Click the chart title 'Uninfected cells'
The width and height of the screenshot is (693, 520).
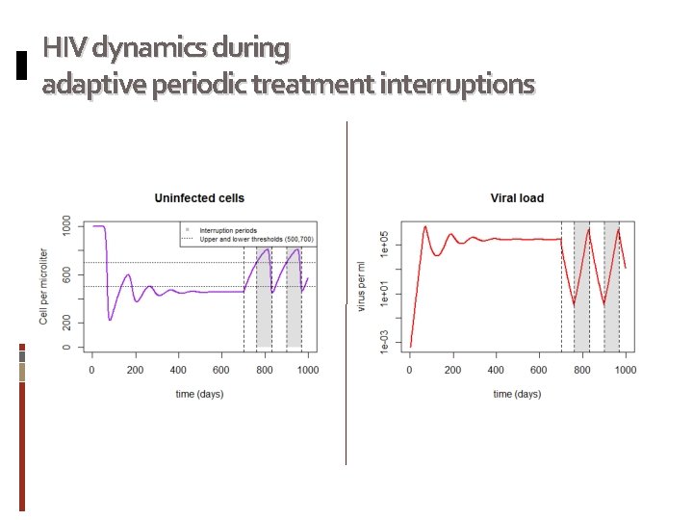[x=199, y=198]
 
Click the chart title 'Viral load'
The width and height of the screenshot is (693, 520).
[x=517, y=198]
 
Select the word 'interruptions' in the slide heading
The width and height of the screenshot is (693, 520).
[x=457, y=85]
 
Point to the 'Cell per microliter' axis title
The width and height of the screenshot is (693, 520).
[x=44, y=286]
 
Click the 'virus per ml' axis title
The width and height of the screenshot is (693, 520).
[x=361, y=286]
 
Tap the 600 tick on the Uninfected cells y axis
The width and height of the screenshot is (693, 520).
[x=65, y=274]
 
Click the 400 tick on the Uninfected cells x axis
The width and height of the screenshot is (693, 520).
[x=178, y=369]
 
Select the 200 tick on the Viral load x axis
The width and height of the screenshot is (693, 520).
[x=453, y=369]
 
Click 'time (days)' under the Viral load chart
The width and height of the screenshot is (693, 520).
[x=517, y=393]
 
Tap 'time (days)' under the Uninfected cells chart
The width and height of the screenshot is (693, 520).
[x=199, y=393]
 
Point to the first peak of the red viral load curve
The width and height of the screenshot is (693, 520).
[x=425, y=227]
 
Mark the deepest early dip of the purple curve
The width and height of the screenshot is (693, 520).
[x=110, y=320]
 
